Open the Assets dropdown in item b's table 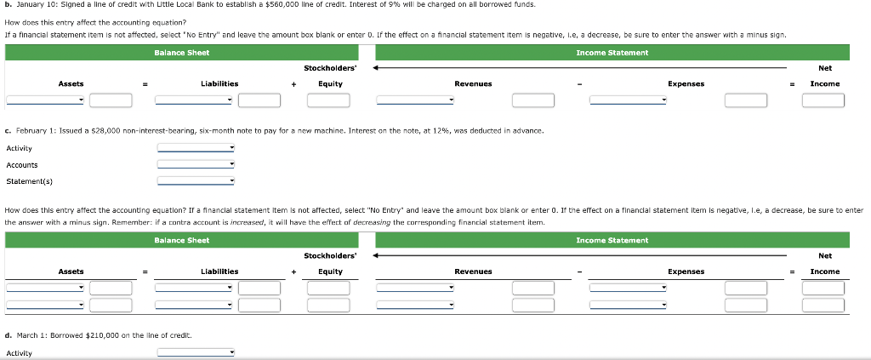click(x=45, y=100)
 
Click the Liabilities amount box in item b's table click(x=259, y=100)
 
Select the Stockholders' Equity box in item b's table click(x=329, y=100)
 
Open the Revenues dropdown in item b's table click(x=415, y=100)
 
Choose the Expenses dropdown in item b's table click(x=629, y=100)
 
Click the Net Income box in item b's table click(x=823, y=100)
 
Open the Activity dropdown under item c click(x=196, y=148)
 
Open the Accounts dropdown click(x=196, y=164)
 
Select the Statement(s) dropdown click(x=196, y=181)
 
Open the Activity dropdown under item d click(x=196, y=353)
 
